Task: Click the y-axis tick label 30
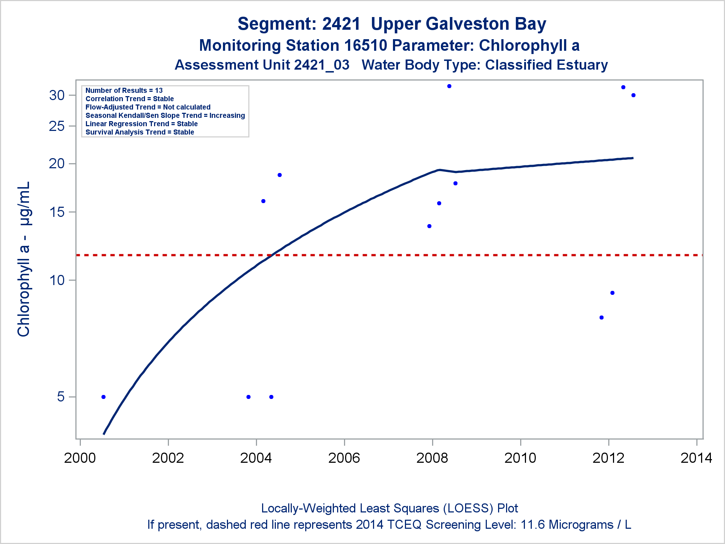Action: (57, 95)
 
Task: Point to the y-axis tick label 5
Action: (61, 397)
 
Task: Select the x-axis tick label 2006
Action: (344, 458)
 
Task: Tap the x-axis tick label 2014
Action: (696, 458)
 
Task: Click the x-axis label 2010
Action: (520, 458)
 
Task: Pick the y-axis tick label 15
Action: (57, 212)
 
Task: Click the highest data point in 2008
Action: (449, 86)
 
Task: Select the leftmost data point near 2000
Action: (103, 397)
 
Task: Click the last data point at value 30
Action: (633, 95)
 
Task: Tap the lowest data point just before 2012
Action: (601, 318)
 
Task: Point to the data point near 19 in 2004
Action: (279, 175)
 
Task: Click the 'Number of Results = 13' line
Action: (124, 91)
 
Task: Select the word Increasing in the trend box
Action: (227, 116)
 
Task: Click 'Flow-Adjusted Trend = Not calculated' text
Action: (148, 107)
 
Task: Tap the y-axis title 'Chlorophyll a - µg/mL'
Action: (24, 259)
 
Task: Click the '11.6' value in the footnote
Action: (532, 525)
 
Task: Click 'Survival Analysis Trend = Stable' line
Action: (140, 132)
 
